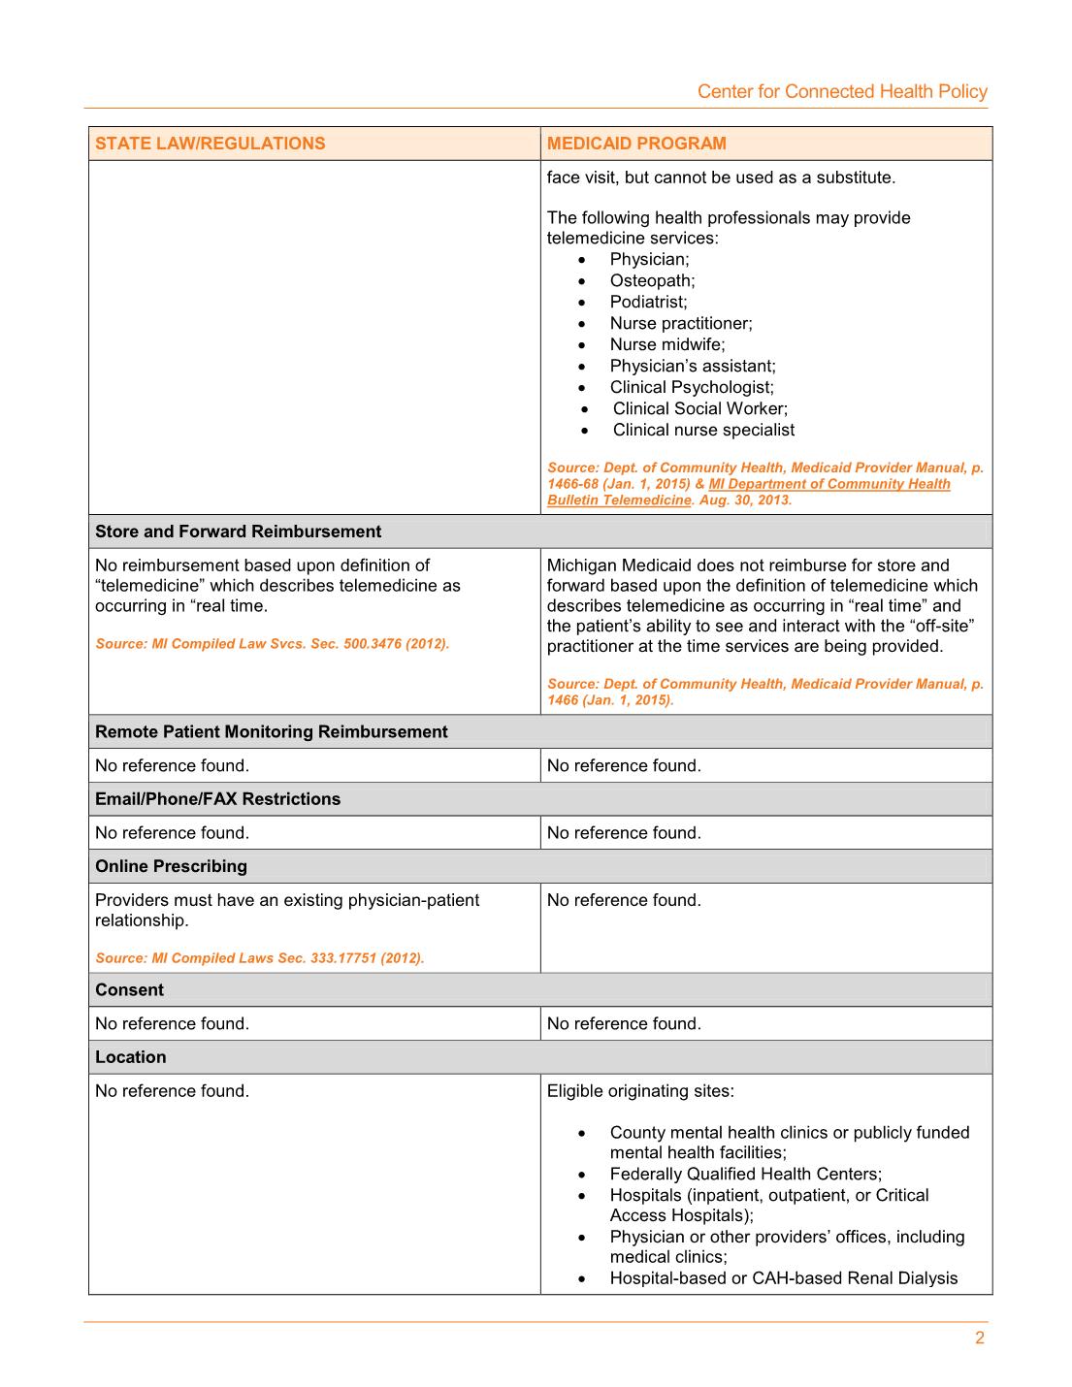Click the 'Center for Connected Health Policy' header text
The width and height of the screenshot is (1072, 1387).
[x=842, y=91]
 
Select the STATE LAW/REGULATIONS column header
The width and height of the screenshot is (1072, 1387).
[x=211, y=144]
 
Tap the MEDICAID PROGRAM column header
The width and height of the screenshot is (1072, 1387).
[x=636, y=144]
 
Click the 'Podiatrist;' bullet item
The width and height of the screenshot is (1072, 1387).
[x=648, y=302]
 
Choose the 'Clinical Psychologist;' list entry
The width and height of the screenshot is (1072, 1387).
[x=692, y=387]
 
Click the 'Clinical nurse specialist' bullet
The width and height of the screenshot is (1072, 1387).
[x=703, y=430]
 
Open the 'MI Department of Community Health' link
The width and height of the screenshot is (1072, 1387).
[x=829, y=484]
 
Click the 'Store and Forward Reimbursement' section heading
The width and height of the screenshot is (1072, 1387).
[x=238, y=532]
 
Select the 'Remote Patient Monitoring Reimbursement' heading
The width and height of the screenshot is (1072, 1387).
[x=272, y=731]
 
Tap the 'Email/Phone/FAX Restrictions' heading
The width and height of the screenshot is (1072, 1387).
[x=217, y=799]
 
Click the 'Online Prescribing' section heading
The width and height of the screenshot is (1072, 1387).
[x=171, y=866]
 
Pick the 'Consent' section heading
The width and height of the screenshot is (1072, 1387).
[x=129, y=990]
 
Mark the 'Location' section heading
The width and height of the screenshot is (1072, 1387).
[x=130, y=1057]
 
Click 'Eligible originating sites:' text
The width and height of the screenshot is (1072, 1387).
[x=640, y=1091]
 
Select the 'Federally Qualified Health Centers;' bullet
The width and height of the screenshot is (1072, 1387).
[x=745, y=1174]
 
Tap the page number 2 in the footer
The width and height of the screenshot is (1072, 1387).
[x=979, y=1339]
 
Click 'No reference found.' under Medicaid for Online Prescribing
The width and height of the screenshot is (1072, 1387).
[x=624, y=900]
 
